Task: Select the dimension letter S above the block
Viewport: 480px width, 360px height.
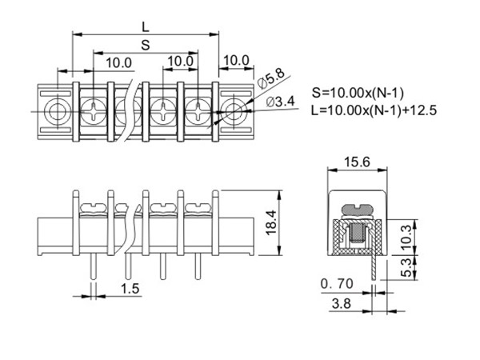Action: tap(145, 45)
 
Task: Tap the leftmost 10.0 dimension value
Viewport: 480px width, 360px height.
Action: tap(118, 62)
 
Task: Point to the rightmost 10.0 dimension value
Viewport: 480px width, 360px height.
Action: tap(235, 62)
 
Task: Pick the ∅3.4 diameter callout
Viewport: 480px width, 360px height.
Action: tap(277, 100)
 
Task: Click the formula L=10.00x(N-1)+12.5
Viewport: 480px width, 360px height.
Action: tap(374, 110)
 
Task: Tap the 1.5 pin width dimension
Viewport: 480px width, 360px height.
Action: tap(127, 287)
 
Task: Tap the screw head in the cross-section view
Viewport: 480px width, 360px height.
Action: tap(357, 210)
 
